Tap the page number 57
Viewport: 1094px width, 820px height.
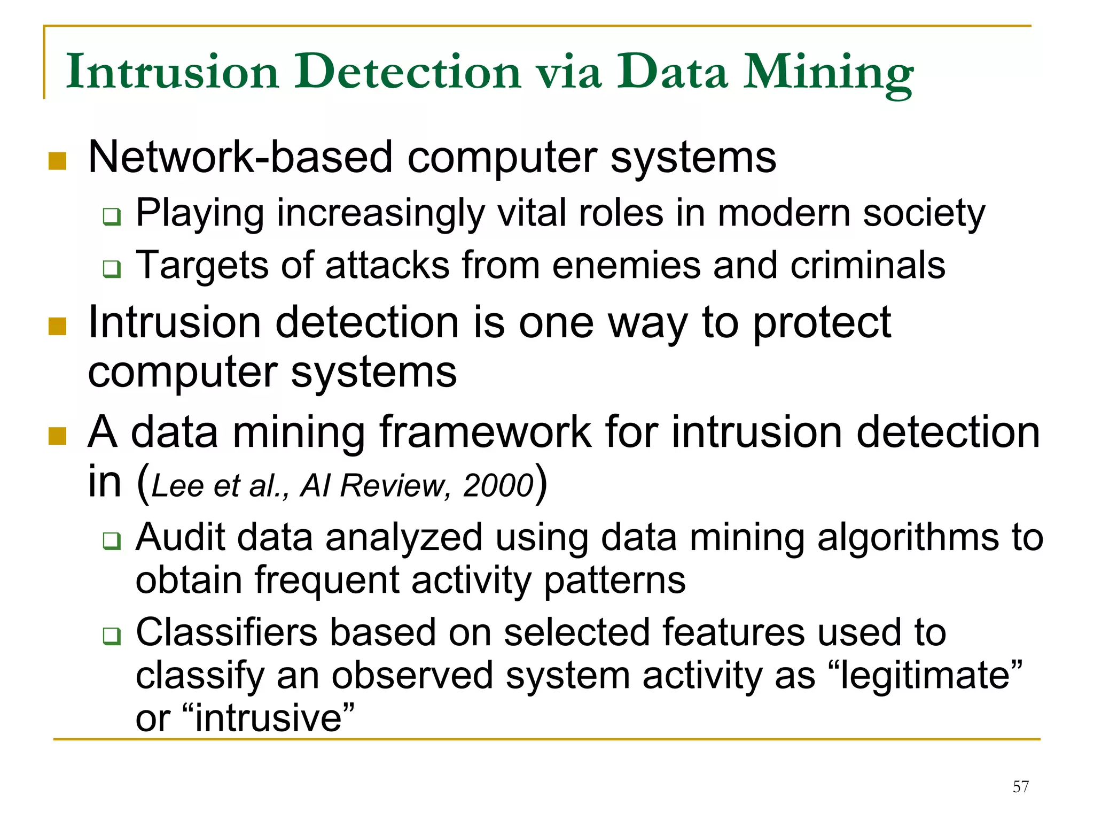point(1020,786)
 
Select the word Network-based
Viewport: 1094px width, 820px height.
point(240,157)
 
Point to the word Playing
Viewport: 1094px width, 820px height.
point(200,214)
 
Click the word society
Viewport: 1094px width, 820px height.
point(924,214)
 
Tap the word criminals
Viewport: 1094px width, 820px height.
point(868,265)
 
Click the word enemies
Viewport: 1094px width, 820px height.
point(626,265)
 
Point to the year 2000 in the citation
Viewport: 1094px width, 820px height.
point(498,486)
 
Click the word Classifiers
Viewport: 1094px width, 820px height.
point(227,632)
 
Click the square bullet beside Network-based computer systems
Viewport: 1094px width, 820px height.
point(57,161)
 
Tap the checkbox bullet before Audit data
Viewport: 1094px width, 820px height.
point(112,541)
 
